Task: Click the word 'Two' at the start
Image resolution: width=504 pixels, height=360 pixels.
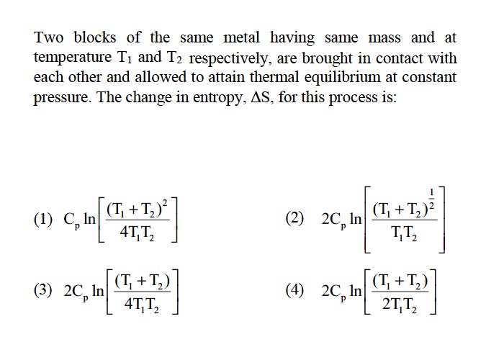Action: [49, 37]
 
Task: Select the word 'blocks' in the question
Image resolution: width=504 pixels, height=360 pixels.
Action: [95, 37]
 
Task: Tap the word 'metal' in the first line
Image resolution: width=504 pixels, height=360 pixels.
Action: [241, 37]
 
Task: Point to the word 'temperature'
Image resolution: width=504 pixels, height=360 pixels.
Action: [73, 58]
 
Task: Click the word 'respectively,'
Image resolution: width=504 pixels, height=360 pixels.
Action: [229, 58]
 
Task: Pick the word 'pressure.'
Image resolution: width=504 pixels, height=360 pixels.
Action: [61, 97]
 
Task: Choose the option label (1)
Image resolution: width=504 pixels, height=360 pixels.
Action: [43, 220]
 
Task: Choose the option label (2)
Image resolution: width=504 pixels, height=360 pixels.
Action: [294, 219]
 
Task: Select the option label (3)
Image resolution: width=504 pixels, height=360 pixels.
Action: [43, 290]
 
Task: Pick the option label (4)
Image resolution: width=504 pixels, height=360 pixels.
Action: [294, 290]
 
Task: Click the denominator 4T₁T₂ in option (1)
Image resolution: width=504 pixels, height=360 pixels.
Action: [137, 233]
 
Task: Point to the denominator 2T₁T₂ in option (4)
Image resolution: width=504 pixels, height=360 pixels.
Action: [400, 304]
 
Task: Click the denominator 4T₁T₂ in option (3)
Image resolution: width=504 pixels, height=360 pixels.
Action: [142, 304]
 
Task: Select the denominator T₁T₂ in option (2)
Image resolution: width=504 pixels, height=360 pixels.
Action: [404, 234]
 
